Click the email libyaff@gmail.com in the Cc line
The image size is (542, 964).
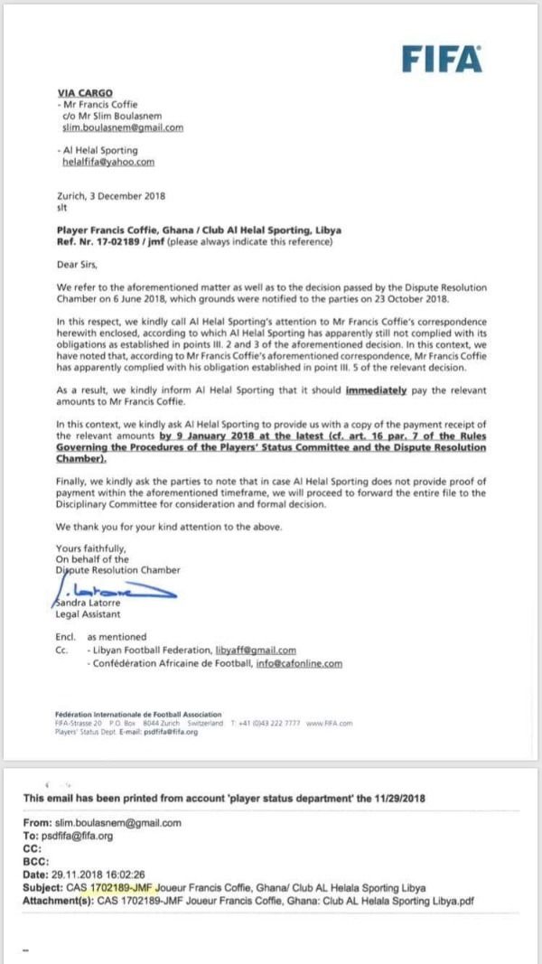(256, 650)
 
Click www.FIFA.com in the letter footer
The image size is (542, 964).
(329, 723)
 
